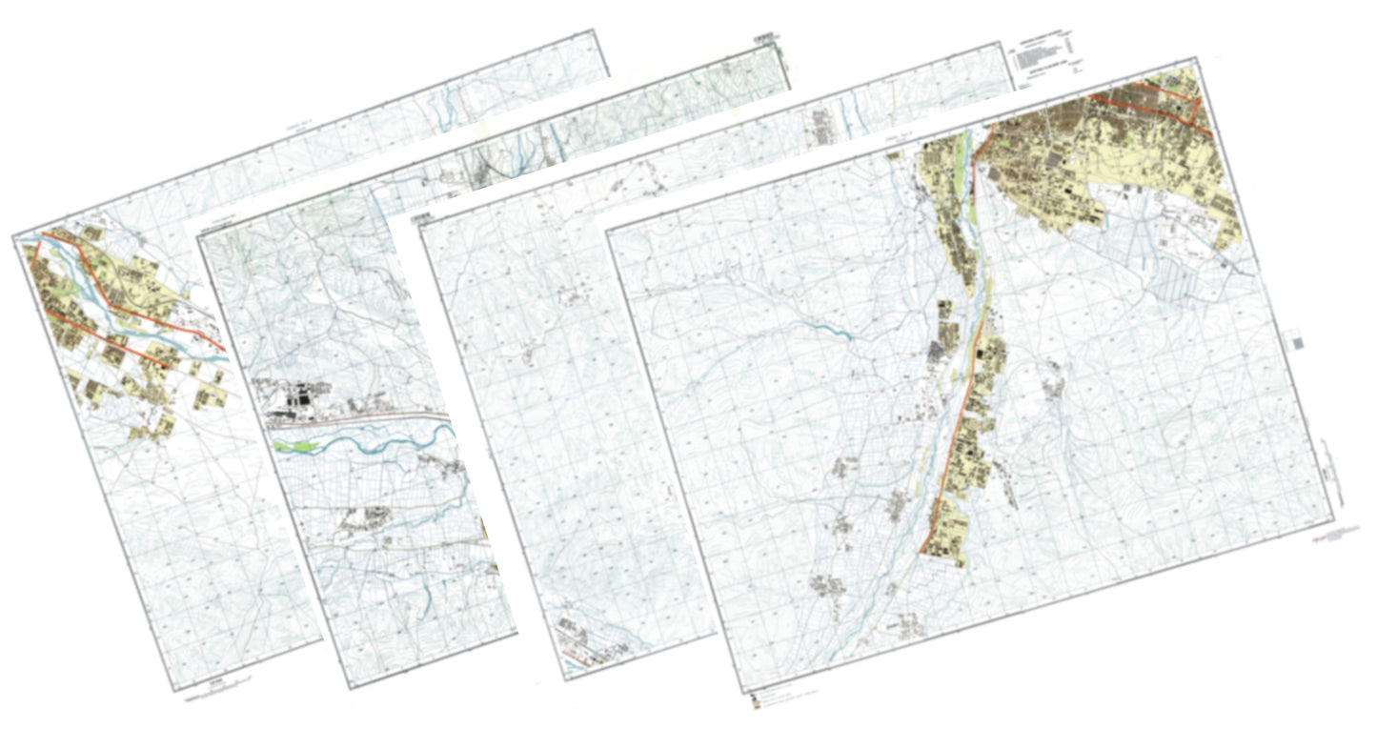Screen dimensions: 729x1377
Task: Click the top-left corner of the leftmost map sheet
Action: point(13,235)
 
